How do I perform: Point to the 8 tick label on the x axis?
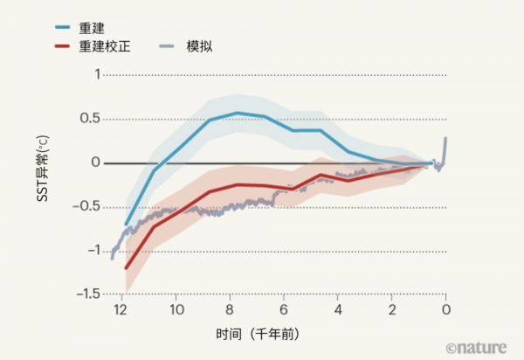coord(230,310)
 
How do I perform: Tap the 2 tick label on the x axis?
coord(392,310)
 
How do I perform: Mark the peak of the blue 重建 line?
coord(237,113)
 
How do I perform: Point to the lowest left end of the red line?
coord(127,268)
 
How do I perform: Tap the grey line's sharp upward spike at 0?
coord(445,139)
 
